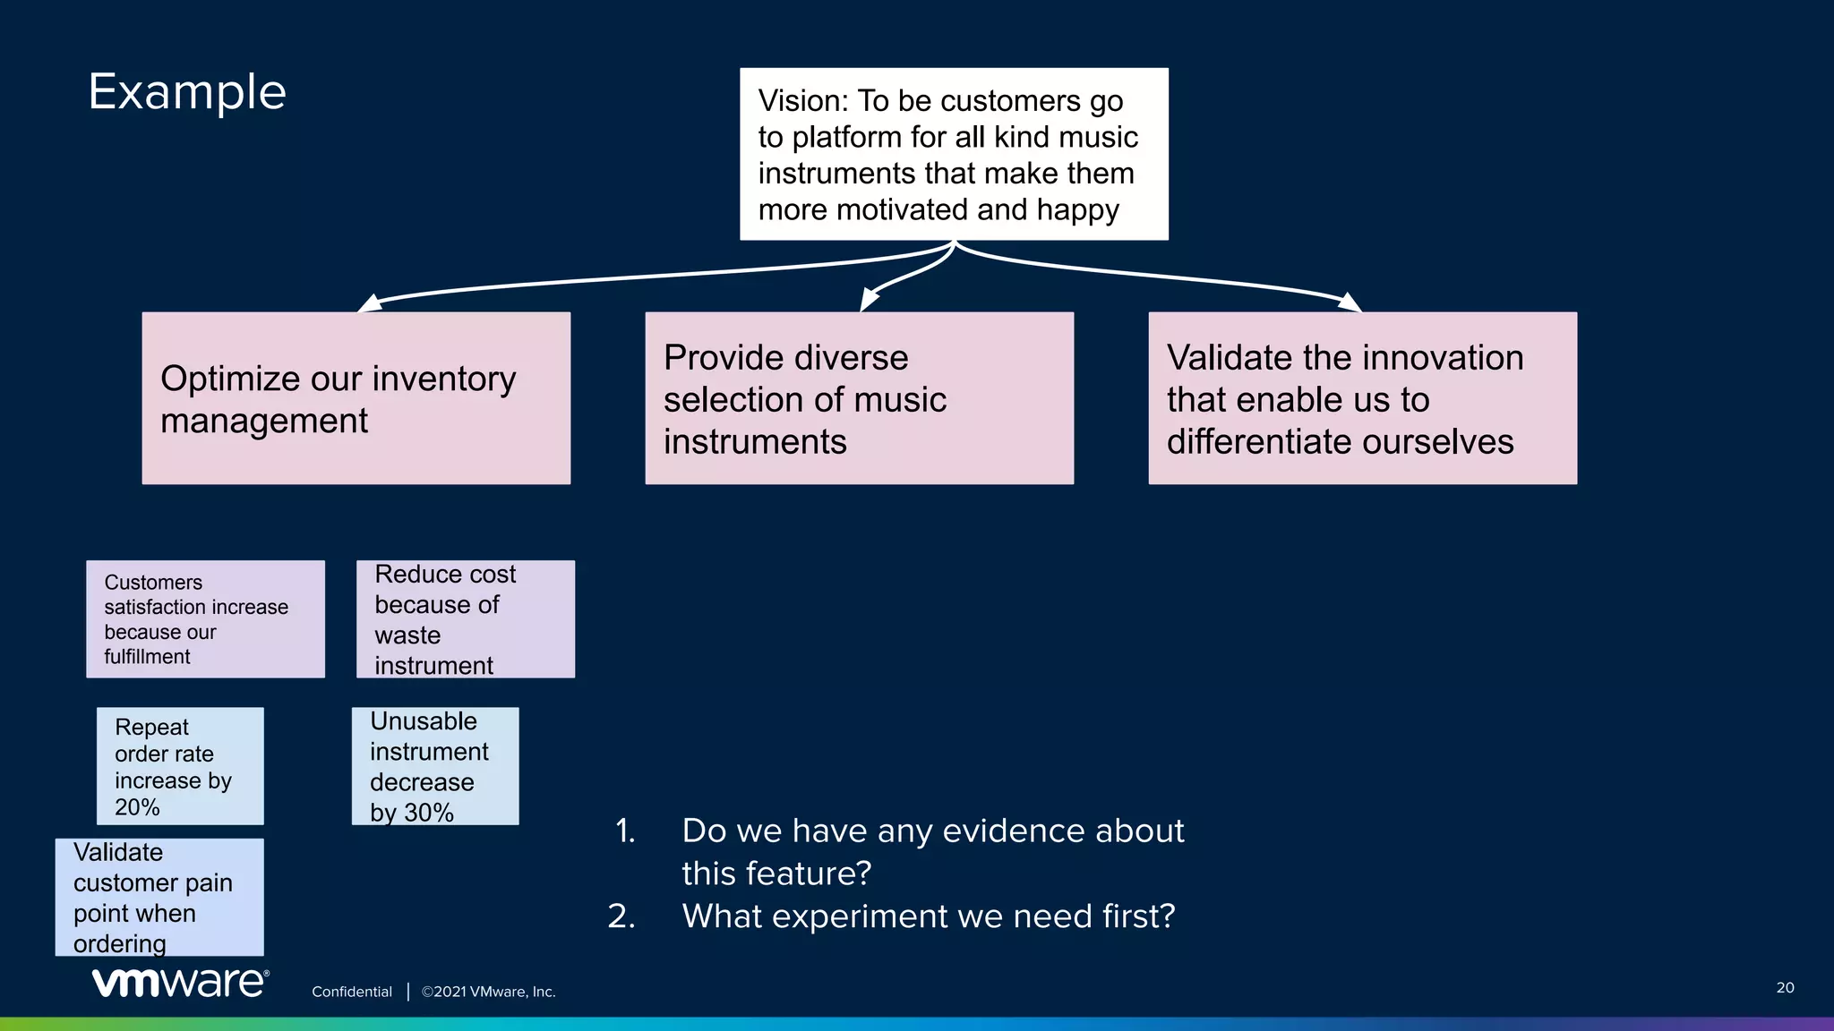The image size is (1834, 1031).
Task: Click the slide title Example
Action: tap(187, 92)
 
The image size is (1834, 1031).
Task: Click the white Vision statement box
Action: tap(953, 154)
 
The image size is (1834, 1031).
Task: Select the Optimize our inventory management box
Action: tap(356, 398)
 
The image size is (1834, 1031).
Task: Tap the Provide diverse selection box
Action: tap(859, 398)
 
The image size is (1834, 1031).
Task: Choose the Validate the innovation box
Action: tap(1362, 398)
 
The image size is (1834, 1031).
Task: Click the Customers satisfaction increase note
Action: tap(205, 618)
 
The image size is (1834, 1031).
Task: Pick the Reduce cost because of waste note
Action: tap(465, 618)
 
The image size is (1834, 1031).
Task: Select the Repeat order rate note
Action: tap(180, 766)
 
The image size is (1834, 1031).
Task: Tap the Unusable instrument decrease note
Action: tap(434, 766)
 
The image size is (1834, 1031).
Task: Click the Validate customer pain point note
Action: tap(159, 897)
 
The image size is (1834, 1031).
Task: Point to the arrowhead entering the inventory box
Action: tap(369, 303)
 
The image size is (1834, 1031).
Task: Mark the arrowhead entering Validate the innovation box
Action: tap(1350, 302)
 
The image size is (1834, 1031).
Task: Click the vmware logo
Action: tap(180, 982)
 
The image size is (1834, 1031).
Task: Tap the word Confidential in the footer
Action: tap(351, 992)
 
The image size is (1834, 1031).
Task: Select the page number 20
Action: tap(1785, 987)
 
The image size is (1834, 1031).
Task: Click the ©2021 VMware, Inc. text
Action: tap(488, 992)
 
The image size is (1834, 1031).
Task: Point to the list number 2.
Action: tap(621, 916)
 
